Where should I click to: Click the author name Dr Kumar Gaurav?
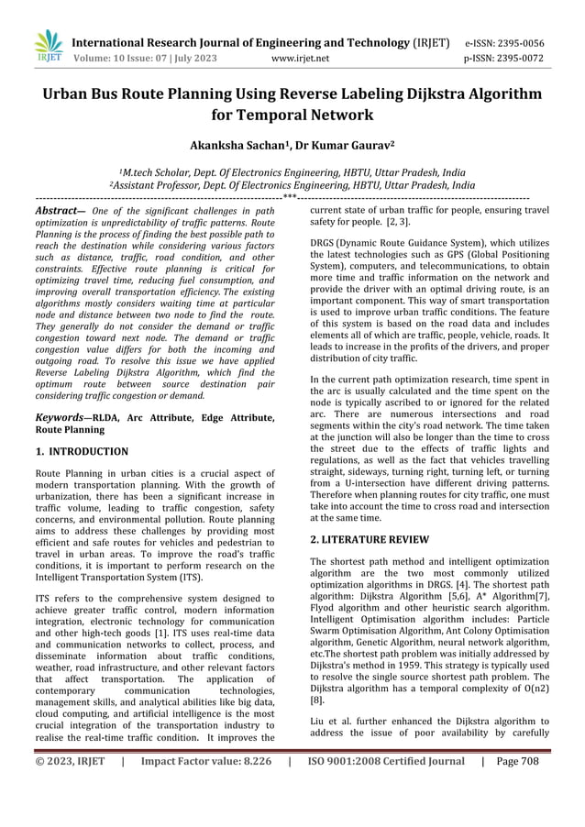353,146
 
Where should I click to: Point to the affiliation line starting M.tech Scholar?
293,171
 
